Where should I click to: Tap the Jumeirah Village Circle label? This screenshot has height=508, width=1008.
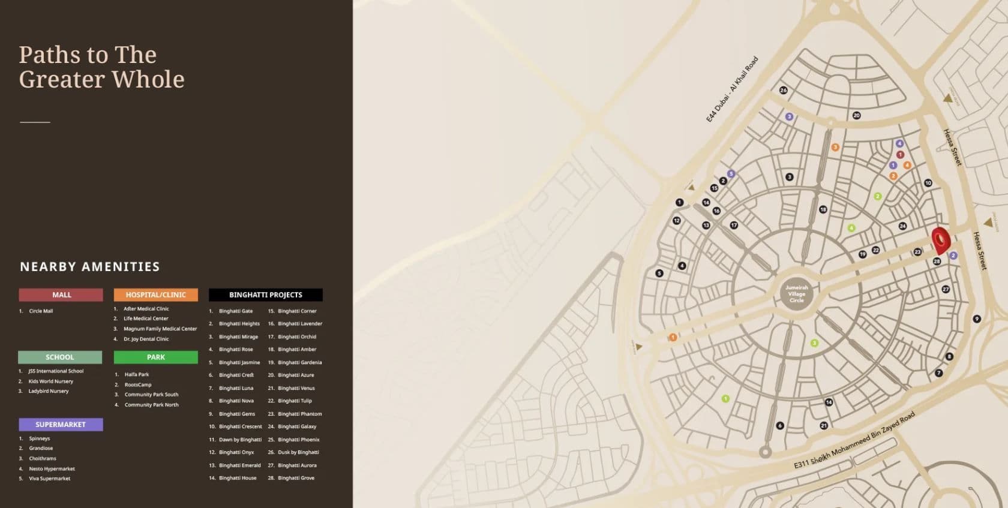coord(797,294)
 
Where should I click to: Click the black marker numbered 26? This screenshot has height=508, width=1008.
coord(783,90)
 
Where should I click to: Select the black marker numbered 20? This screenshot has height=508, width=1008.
coord(856,115)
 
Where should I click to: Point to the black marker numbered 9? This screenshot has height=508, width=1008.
coord(977,318)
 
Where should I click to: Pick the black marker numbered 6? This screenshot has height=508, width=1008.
coord(780,425)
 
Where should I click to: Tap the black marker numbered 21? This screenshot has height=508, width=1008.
coord(824,425)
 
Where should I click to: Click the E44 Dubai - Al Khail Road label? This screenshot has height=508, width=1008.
coord(732,89)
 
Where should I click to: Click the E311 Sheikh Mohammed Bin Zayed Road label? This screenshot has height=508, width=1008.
coord(854,441)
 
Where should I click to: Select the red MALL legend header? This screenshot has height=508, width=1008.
coord(61,294)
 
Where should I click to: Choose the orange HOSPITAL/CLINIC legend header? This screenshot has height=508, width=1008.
coord(155,294)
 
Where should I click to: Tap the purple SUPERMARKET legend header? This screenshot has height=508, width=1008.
coord(61,425)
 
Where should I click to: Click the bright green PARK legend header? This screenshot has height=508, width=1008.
coord(155,357)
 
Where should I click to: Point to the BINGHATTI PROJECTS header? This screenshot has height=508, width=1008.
coord(265,294)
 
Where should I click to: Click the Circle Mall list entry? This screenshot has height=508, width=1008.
coord(41,311)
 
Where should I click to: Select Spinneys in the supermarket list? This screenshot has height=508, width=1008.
coord(40,438)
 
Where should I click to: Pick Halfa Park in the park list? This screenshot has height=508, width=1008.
coord(137,374)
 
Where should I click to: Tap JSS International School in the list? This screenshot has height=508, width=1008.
coord(56,371)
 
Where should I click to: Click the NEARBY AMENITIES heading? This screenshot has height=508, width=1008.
coord(90,266)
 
